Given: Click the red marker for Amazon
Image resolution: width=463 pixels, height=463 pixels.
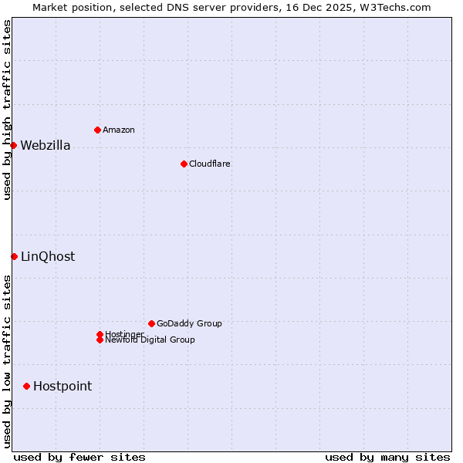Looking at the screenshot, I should (x=97, y=130).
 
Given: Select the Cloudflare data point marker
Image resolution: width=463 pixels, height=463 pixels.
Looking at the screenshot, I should (x=184, y=164).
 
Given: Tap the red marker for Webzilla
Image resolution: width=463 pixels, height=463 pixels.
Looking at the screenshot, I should (x=13, y=145).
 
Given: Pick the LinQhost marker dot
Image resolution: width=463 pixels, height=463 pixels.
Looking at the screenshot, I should (x=14, y=256).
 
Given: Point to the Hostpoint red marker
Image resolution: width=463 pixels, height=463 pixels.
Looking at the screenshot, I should (x=26, y=386).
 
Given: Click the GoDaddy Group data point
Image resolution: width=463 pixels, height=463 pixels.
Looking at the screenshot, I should (x=151, y=323).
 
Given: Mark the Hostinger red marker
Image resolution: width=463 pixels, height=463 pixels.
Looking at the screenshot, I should (x=100, y=334).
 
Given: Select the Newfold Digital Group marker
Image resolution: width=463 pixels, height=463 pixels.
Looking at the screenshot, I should (x=100, y=340).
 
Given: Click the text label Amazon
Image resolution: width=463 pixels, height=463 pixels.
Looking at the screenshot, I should (x=119, y=130).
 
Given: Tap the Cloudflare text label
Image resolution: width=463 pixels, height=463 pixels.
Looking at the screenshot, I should (x=209, y=164).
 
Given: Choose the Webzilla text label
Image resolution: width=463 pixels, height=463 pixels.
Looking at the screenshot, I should (x=46, y=146).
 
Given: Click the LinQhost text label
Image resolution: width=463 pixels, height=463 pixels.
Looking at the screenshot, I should (x=48, y=257).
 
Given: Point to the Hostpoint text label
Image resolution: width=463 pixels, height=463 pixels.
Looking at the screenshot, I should (x=63, y=387).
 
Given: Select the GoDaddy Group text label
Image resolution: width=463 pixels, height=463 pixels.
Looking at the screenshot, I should (x=189, y=323).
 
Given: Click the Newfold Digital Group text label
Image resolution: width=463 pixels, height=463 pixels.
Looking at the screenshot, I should (x=150, y=340).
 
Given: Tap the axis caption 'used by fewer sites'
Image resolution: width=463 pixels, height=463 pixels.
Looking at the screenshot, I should (x=79, y=457).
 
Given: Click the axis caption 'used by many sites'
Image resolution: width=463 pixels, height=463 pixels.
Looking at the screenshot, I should (x=387, y=457).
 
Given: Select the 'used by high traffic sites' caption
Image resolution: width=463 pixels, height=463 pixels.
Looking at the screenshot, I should (x=7, y=110).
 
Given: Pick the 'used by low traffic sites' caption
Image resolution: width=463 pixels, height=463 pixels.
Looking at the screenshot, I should (x=7, y=360).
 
